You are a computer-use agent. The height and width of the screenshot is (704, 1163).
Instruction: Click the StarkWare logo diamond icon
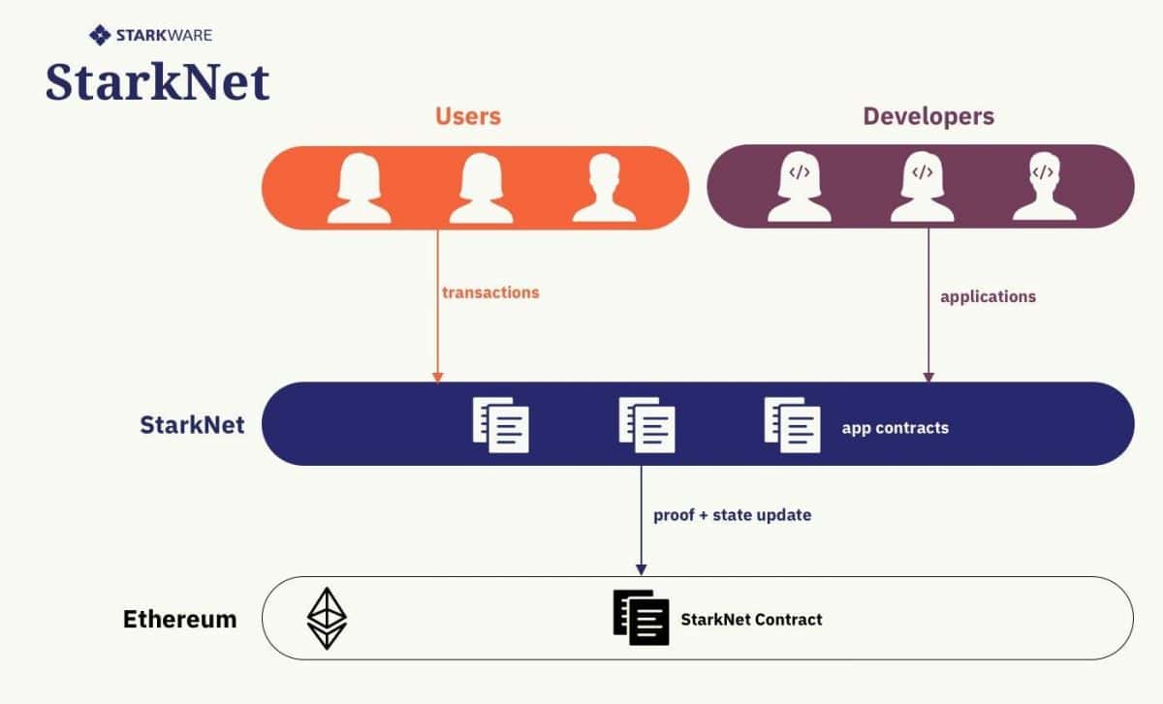point(99,36)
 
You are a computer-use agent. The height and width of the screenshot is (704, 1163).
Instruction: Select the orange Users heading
point(468,117)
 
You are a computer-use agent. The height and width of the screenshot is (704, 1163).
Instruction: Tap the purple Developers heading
point(928,117)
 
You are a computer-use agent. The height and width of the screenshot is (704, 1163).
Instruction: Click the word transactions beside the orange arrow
point(490,292)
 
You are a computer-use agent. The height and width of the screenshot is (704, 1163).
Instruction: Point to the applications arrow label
point(988,296)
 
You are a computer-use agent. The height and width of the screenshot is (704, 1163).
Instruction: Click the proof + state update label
point(732,515)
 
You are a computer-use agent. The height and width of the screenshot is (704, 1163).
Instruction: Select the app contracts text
point(895,427)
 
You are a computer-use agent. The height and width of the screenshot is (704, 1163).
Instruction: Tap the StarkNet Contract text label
point(751,619)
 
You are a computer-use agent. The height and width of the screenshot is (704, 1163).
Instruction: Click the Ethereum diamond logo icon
point(327,618)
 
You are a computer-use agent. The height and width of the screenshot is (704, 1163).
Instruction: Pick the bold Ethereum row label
point(179,619)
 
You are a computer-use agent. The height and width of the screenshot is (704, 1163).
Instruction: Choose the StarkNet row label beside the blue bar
point(192,424)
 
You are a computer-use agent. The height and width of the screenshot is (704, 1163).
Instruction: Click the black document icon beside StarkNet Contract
point(641,618)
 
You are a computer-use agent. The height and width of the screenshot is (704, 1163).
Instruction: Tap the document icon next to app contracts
point(792,425)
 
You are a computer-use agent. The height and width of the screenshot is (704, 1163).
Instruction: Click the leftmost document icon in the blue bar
point(501,425)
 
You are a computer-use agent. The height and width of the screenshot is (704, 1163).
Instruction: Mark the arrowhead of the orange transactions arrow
point(437,376)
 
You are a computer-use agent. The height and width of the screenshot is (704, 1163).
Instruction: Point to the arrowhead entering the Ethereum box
point(641,569)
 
